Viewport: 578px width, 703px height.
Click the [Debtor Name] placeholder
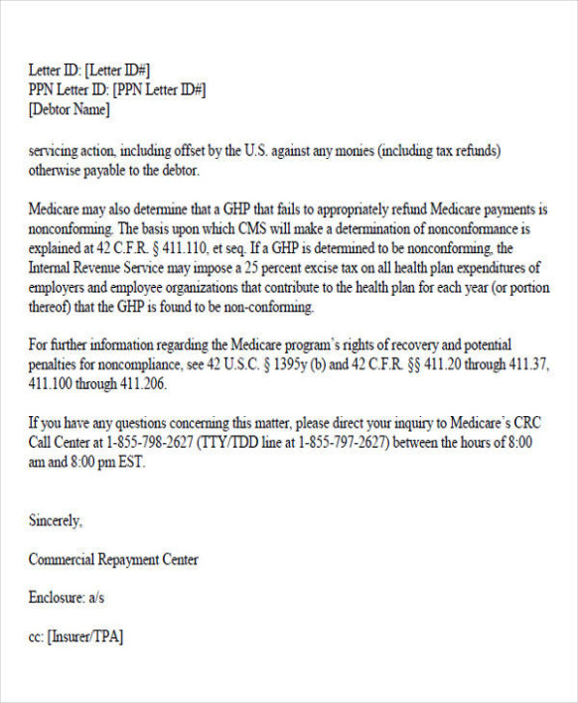70,109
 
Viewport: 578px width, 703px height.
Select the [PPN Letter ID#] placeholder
160,89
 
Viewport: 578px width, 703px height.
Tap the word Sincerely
56,519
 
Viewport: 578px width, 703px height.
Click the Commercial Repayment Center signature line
113,559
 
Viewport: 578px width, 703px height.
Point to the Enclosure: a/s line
67,598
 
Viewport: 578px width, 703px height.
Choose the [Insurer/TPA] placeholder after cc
85,636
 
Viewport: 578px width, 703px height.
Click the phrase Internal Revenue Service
97,267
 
